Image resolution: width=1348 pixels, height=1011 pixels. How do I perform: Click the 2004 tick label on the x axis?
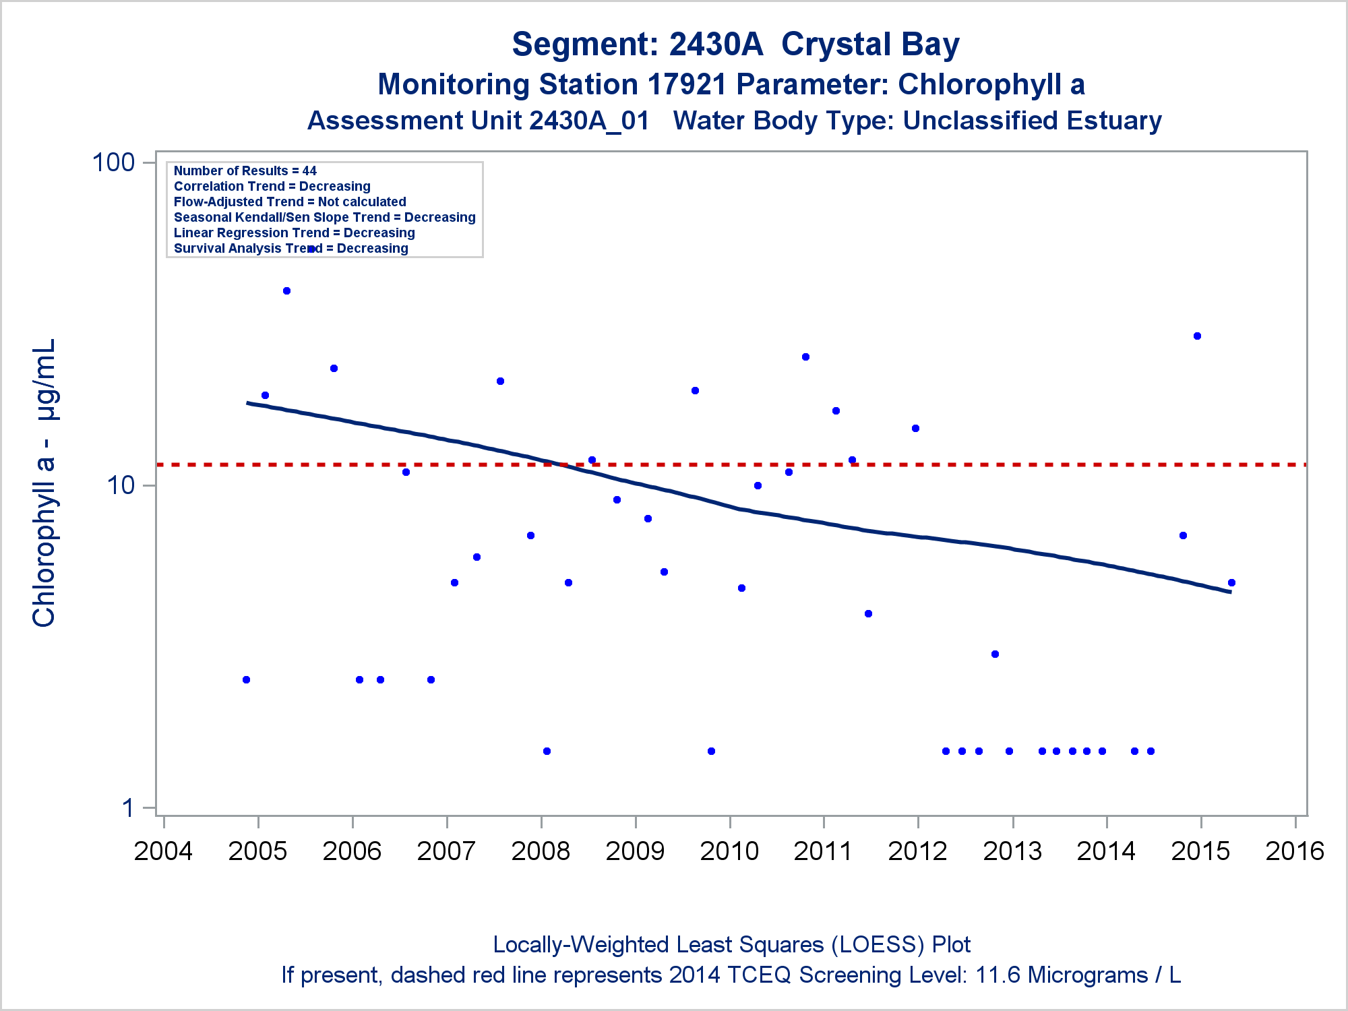pos(163,851)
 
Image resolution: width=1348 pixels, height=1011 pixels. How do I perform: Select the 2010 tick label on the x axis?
pos(729,851)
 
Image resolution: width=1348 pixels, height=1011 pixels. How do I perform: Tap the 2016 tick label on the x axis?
pos(1295,851)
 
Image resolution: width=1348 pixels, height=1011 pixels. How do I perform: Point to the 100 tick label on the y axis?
pos(113,162)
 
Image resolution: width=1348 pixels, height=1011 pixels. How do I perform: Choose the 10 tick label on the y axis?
pos(121,485)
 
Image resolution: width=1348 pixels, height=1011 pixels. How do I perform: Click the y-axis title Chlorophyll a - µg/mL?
pos(44,483)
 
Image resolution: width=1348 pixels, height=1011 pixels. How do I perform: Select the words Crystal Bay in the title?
pos(870,44)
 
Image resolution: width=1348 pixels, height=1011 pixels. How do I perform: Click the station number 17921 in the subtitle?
pos(687,85)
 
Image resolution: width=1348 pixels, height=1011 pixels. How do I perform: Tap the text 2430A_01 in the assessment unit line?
pos(589,121)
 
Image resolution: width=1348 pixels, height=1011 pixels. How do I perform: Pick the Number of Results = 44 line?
pos(245,171)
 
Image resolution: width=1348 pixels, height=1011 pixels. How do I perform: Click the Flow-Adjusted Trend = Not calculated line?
pos(290,202)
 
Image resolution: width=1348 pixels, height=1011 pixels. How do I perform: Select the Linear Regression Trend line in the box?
pos(295,233)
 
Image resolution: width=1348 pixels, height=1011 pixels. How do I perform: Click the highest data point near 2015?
pos(1197,336)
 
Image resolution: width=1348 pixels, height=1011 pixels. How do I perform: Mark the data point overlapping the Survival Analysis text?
pos(311,249)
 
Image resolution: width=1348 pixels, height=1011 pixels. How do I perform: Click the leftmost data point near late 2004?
pos(246,679)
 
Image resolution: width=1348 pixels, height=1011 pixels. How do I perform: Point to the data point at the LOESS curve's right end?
pos(1231,582)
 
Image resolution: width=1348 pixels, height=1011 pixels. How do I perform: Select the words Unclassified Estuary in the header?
pos(1032,121)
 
